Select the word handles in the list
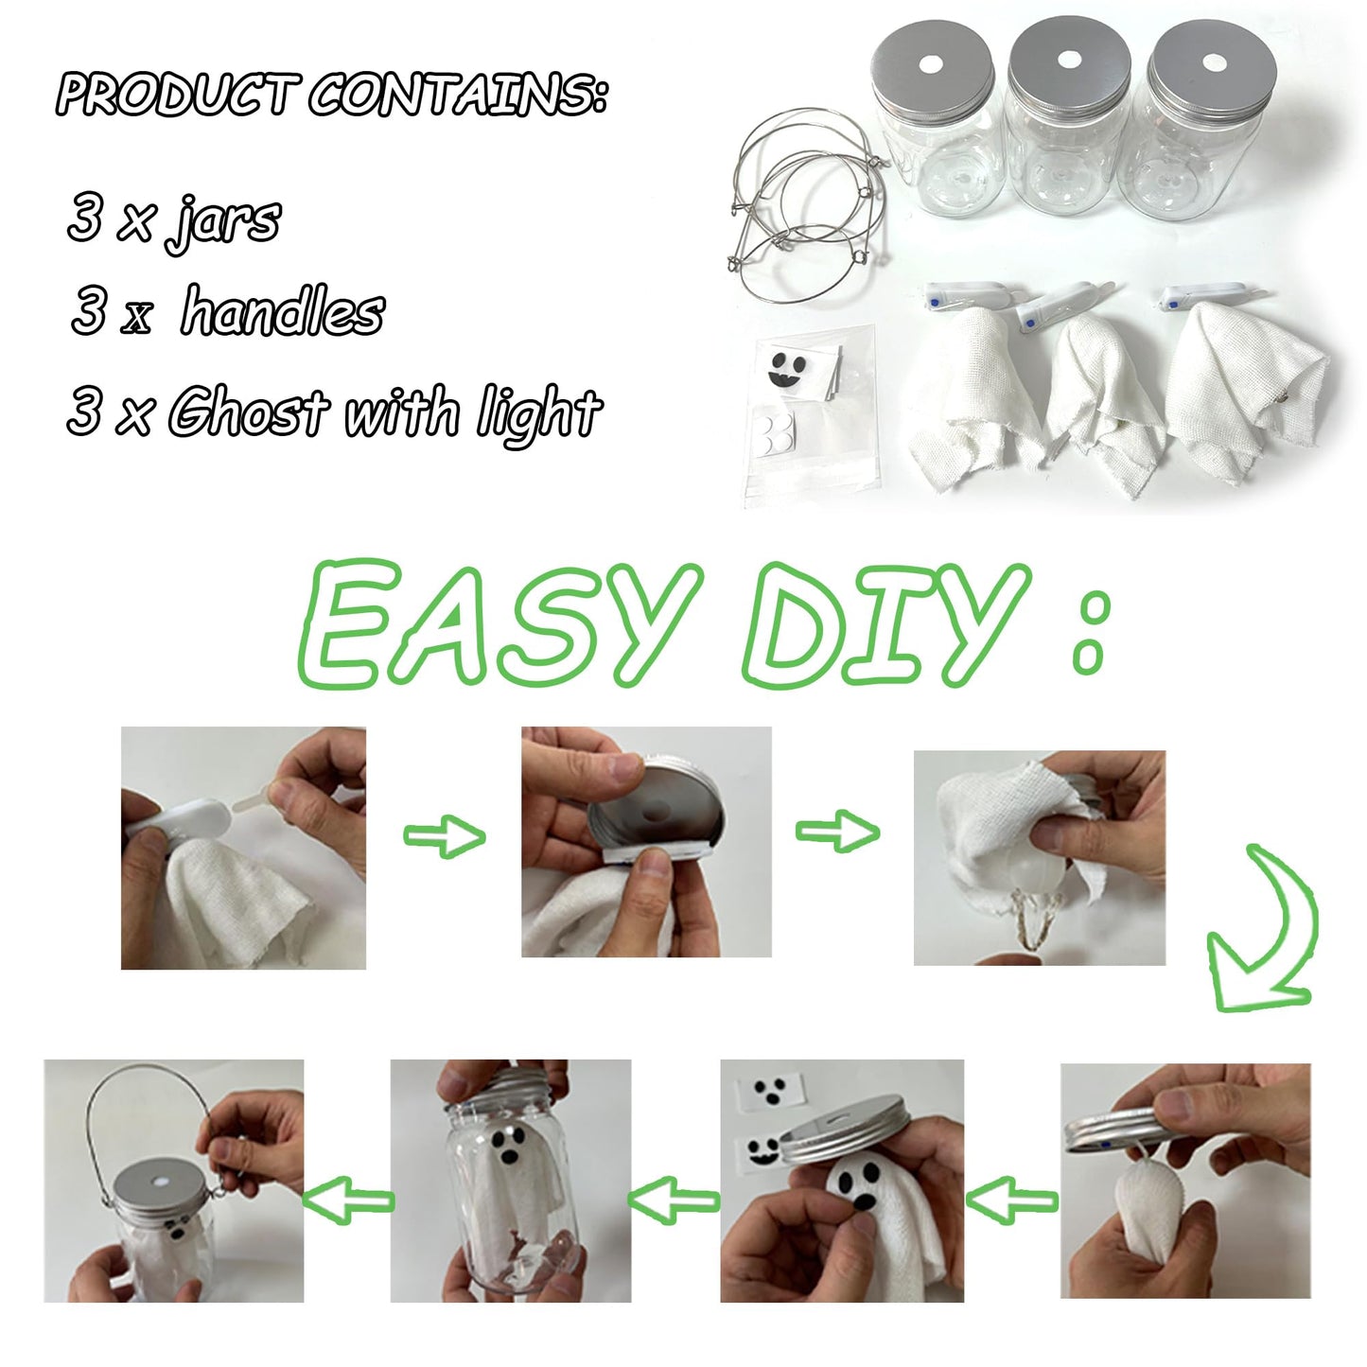click(x=283, y=312)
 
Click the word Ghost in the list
click(x=248, y=412)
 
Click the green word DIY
click(x=885, y=624)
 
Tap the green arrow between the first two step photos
click(x=444, y=835)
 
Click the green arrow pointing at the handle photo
click(x=347, y=1201)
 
